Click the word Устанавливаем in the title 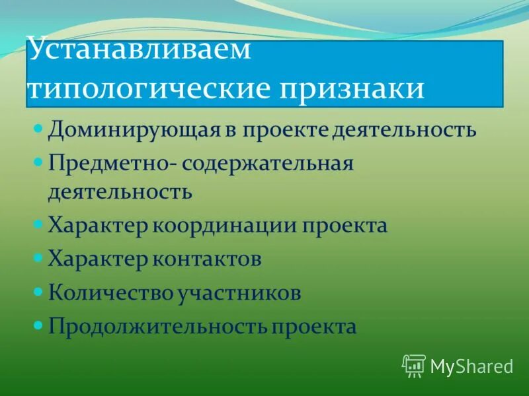(139, 51)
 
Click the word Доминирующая (114, 129)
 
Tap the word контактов (208, 259)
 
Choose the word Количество (110, 292)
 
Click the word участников (239, 292)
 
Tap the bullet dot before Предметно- (38, 160)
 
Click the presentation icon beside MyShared (413, 365)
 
